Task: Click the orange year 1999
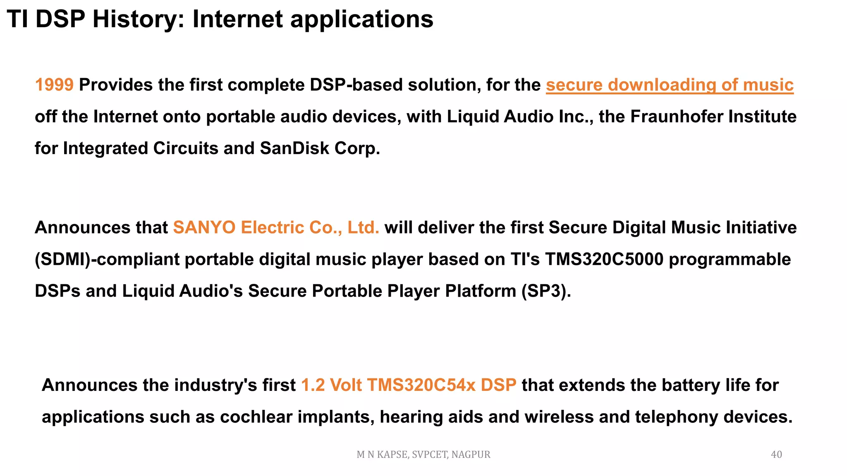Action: click(x=54, y=85)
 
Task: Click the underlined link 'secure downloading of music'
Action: click(x=669, y=85)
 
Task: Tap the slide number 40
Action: click(x=776, y=455)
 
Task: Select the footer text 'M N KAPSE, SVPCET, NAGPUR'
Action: click(x=423, y=455)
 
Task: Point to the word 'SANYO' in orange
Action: click(x=204, y=228)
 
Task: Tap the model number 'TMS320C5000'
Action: click(x=604, y=259)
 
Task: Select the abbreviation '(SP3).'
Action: click(x=546, y=291)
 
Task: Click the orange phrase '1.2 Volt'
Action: click(x=331, y=385)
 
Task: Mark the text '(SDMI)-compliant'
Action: click(x=107, y=259)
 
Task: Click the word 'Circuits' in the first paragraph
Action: click(x=185, y=148)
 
